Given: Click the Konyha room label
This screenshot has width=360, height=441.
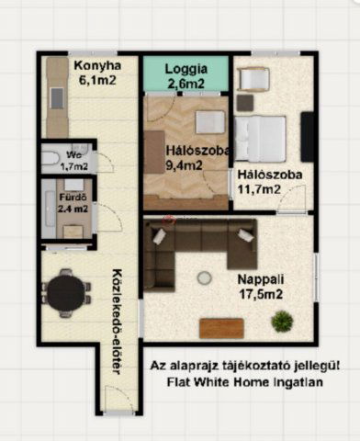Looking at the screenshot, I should (94, 66).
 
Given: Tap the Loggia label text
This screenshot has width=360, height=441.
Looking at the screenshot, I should (186, 70).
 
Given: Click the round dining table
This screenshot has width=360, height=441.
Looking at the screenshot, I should (67, 293).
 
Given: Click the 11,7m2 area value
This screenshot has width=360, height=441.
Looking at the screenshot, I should (258, 189).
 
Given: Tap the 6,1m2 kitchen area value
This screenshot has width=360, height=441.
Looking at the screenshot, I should (94, 81).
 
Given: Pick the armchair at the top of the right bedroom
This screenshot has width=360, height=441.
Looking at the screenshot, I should (252, 80).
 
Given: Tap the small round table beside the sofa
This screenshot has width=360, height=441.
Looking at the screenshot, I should (205, 277).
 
